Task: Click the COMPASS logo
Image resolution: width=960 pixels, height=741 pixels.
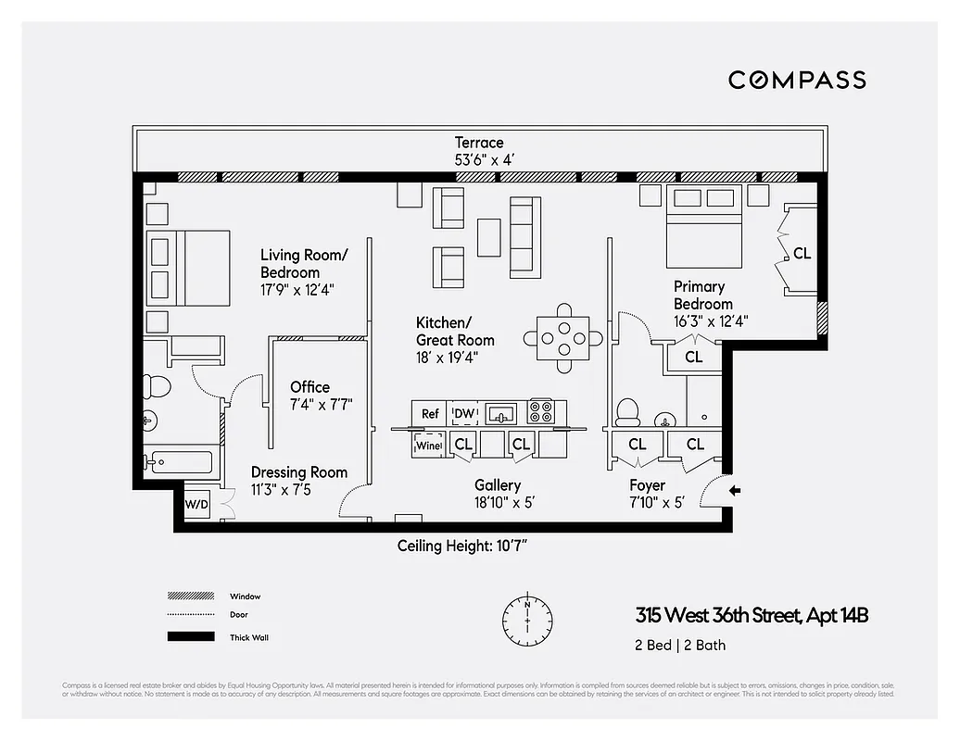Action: point(797,80)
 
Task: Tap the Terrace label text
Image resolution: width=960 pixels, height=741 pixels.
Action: point(479,143)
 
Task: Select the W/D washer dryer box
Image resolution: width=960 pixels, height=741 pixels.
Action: point(196,505)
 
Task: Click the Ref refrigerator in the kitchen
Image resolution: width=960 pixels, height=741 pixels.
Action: point(430,414)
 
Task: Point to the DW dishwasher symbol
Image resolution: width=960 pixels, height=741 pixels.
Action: point(463,414)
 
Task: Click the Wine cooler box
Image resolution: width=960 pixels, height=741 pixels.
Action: point(429,445)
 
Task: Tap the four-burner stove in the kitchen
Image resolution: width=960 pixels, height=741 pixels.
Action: point(540,412)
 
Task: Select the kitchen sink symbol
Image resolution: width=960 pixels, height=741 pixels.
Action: point(500,413)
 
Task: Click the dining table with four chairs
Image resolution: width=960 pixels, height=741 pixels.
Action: point(562,338)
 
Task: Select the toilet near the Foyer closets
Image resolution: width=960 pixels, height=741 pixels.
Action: point(629,410)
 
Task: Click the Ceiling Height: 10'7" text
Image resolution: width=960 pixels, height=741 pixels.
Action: point(461,546)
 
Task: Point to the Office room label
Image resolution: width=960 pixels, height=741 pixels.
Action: point(309,387)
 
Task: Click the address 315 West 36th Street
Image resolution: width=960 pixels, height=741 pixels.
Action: point(752,615)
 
